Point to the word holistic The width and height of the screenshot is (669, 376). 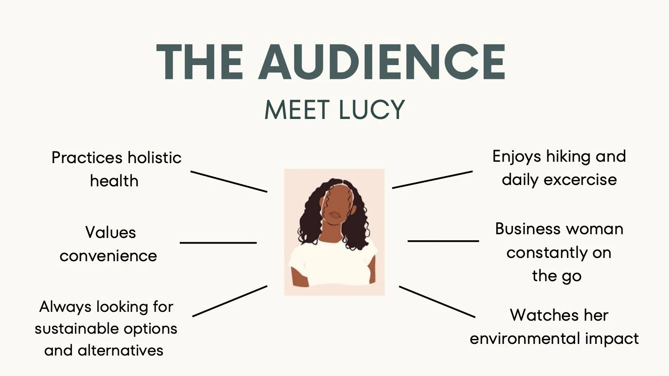154,158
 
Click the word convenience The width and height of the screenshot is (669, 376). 108,256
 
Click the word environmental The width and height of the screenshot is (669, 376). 522,338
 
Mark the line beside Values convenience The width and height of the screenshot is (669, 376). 218,243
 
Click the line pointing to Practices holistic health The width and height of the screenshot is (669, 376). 229,181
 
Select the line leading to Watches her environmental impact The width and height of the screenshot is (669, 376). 437,302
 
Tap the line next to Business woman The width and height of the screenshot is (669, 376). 443,241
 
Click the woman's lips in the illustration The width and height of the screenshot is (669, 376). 334,216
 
